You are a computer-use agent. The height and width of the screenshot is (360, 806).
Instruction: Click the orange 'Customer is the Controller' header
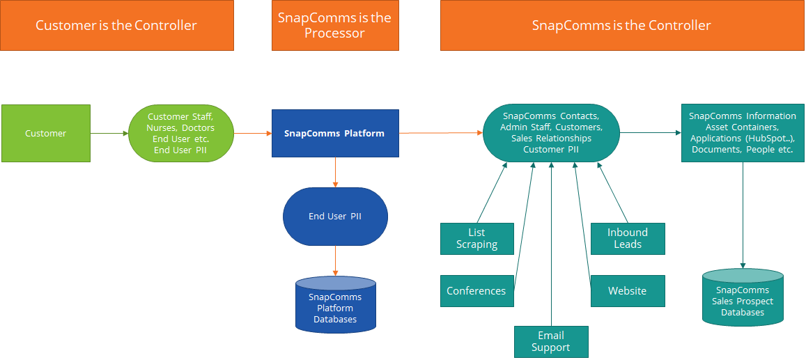(x=116, y=26)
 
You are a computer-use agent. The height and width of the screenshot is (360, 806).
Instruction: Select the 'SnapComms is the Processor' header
(x=335, y=26)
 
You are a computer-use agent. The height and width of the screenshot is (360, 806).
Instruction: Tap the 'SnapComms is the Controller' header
(x=621, y=26)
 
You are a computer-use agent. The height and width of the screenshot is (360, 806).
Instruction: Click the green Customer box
(x=46, y=133)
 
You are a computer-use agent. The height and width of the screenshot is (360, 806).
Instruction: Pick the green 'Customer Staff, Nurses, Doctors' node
(x=181, y=133)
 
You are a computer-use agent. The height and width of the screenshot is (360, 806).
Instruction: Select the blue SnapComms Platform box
(x=335, y=133)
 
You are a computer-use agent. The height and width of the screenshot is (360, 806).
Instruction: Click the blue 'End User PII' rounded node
(x=335, y=217)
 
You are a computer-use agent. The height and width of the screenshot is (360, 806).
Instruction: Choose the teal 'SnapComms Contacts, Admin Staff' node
(x=551, y=133)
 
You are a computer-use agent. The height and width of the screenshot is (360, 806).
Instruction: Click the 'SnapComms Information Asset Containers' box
(x=742, y=133)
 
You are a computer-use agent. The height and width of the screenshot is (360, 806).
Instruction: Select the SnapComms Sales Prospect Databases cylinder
(x=742, y=297)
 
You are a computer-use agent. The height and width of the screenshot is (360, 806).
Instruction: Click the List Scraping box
(x=477, y=239)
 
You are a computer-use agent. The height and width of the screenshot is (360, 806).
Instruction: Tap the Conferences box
(x=477, y=291)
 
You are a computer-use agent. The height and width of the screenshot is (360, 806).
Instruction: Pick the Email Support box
(x=551, y=342)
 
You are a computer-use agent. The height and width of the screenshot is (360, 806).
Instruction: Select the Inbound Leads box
(x=628, y=239)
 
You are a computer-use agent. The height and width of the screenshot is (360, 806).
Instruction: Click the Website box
(x=628, y=291)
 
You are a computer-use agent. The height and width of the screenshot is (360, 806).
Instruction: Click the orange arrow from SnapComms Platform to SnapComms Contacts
(x=441, y=132)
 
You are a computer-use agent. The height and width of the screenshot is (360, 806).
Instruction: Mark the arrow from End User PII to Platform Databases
(x=335, y=260)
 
